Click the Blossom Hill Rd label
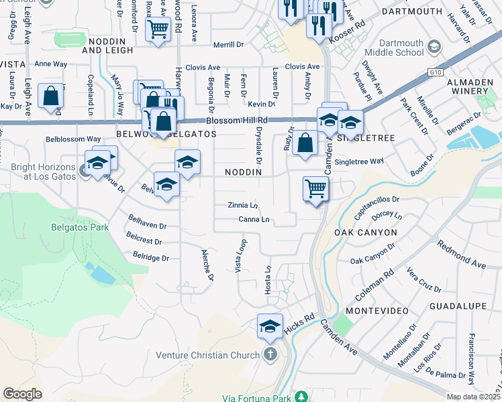coord(237,121)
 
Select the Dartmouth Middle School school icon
coord(434,46)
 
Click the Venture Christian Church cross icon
coord(270,355)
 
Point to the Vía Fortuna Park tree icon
coord(301,396)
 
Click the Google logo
coord(22,394)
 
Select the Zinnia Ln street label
coord(243,205)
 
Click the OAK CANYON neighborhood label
coord(365,232)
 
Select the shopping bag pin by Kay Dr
coord(51,95)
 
